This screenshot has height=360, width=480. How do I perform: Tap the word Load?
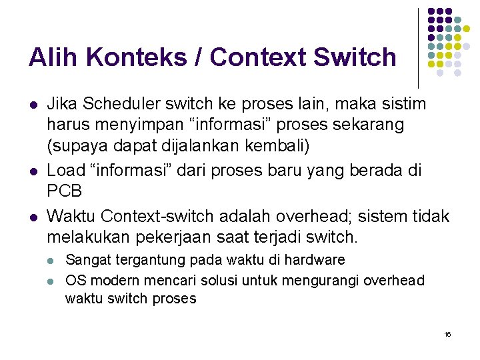point(67,171)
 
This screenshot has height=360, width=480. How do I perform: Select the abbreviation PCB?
point(65,191)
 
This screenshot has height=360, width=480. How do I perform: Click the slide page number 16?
point(447,333)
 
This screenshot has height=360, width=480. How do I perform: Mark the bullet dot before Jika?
point(33,105)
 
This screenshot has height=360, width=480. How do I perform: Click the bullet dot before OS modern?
point(53,281)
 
